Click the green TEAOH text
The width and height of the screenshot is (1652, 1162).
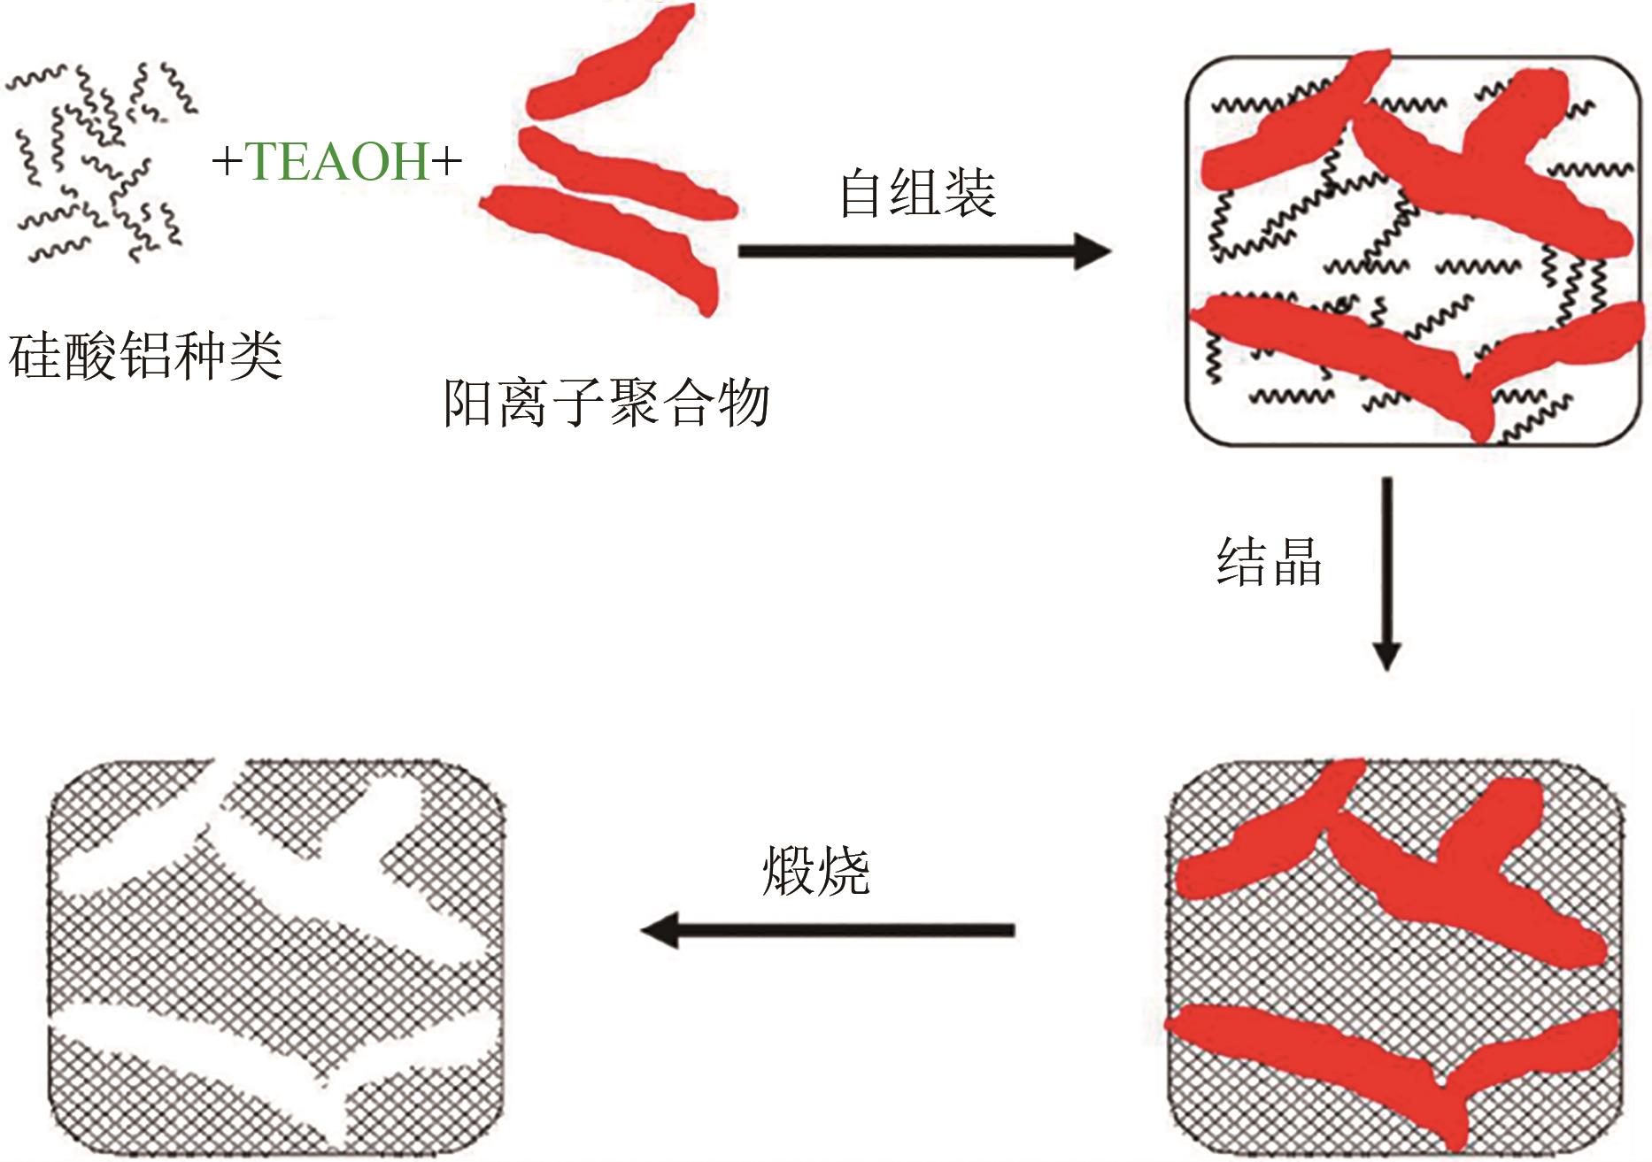[x=337, y=162]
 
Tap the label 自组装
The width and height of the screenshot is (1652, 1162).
[x=917, y=194]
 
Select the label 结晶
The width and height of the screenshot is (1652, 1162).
[x=1269, y=563]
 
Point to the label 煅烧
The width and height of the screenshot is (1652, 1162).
[x=815, y=873]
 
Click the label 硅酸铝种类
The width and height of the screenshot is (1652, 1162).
[x=145, y=357]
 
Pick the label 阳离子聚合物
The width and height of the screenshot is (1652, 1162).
[x=606, y=404]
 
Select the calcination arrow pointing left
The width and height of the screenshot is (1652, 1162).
[x=827, y=930]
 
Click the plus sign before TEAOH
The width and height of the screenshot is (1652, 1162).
[x=227, y=163]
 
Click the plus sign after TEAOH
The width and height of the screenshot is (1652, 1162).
[x=446, y=163]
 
